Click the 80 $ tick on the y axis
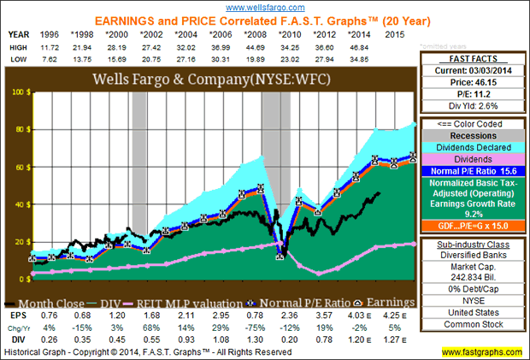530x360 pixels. tap(17, 130)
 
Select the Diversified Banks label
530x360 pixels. tap(474, 253)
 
